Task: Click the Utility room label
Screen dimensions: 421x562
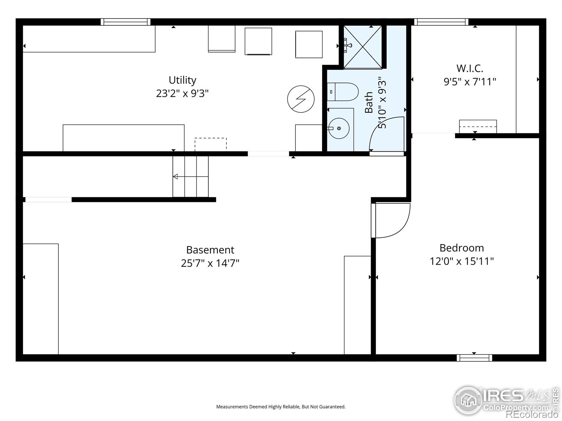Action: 182,80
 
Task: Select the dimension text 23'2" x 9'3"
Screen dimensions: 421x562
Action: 182,94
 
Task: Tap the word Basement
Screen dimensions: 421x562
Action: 210,250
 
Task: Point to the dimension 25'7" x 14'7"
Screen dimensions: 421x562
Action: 210,263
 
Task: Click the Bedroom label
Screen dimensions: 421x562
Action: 462,248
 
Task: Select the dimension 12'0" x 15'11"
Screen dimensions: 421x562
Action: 462,261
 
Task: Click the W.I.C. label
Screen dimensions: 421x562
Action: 470,68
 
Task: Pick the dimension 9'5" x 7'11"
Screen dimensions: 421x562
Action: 470,82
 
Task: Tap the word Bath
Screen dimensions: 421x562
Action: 368,102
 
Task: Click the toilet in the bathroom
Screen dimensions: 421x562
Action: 342,92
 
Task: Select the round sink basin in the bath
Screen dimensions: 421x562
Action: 339,129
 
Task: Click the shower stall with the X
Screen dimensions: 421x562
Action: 362,47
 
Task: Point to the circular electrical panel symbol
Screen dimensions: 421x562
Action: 301,99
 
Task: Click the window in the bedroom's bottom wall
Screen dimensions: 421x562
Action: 474,358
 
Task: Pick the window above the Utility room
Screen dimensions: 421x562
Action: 125,22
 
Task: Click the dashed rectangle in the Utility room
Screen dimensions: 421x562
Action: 210,143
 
